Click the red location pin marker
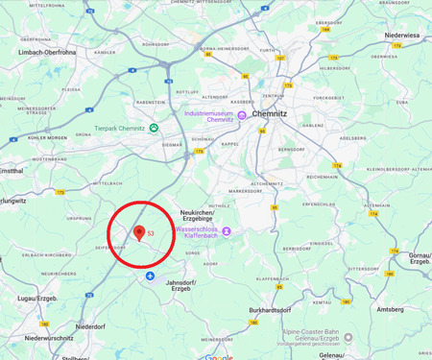click(139, 231)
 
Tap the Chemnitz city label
click(271, 85)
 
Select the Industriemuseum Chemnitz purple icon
click(242, 115)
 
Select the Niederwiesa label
click(404, 36)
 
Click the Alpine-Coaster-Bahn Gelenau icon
click(348, 337)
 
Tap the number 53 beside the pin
click(151, 233)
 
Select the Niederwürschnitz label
click(49, 338)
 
